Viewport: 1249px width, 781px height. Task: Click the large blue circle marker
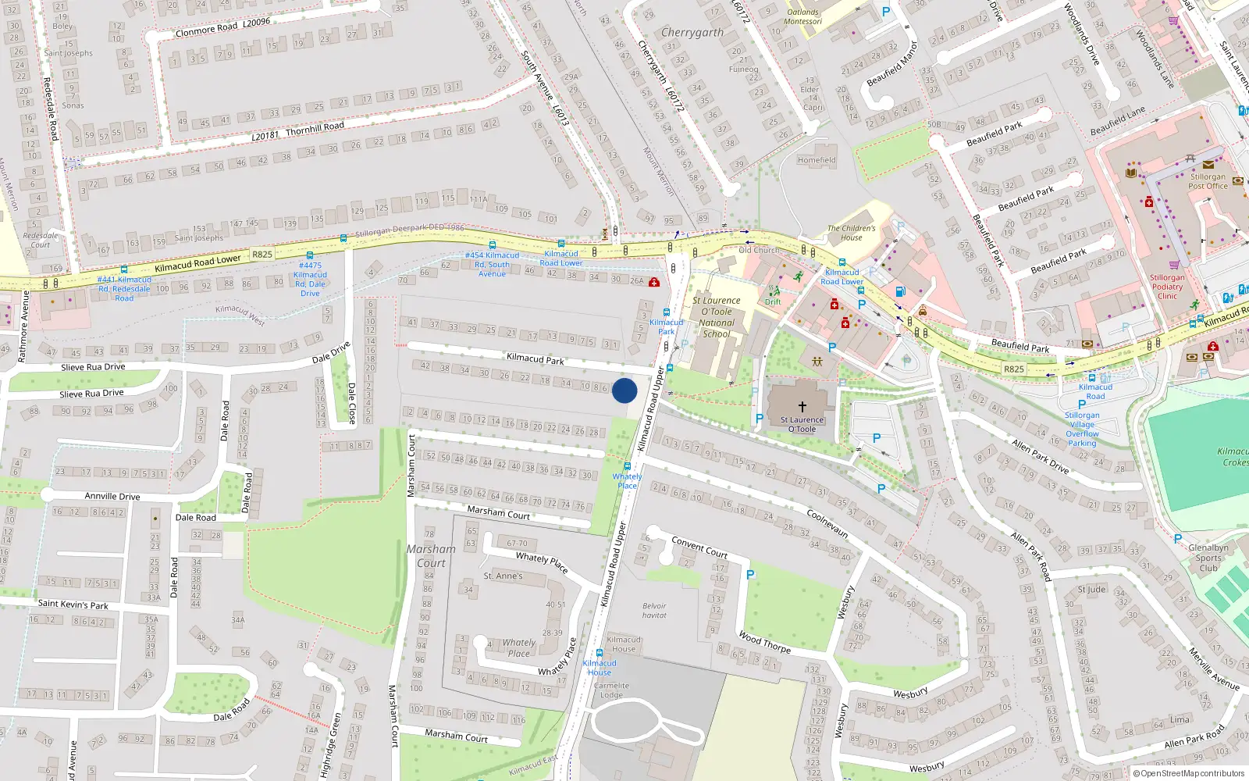coord(624,390)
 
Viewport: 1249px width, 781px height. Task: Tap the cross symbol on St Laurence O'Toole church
coord(802,407)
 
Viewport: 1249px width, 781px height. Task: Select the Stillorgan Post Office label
coord(1208,181)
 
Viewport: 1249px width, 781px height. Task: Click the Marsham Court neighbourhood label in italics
coord(431,556)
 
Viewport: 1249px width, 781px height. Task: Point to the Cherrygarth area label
coord(692,33)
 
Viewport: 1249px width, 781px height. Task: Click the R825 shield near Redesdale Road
coord(262,254)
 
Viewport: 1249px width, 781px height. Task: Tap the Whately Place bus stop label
coord(627,481)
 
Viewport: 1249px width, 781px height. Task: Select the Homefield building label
coord(817,160)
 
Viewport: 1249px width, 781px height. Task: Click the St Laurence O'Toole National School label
coord(716,317)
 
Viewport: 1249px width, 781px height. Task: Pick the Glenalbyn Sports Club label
coord(1208,558)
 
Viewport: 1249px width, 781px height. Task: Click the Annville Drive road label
coord(112,496)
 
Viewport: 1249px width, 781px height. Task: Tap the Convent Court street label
coord(699,547)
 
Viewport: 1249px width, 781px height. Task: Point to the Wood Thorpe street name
coord(764,643)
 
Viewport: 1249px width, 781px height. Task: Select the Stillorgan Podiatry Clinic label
coord(1167,287)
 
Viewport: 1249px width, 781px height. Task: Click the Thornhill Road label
coord(315,128)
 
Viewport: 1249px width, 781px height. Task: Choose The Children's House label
coord(851,233)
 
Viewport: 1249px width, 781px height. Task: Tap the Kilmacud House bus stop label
coord(600,668)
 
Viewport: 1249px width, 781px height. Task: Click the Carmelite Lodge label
coord(611,690)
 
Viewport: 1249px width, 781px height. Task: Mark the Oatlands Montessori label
coord(803,16)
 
